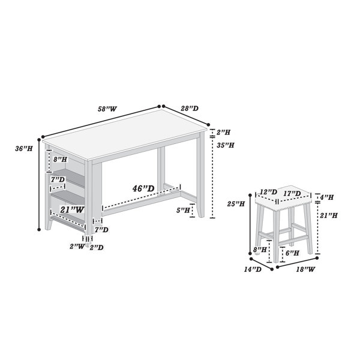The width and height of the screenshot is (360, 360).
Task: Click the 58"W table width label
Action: tap(107, 109)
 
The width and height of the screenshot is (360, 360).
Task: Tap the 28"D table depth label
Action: tap(190, 109)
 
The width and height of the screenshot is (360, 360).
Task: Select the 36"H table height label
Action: tap(24, 149)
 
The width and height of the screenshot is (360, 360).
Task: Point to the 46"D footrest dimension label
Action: tap(143, 188)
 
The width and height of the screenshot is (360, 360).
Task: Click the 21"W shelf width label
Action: tap(72, 209)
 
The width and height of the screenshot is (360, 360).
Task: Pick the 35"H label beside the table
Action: tap(226, 145)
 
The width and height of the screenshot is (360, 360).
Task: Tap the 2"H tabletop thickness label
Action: tap(223, 132)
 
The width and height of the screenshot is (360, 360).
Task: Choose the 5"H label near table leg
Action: tap(183, 210)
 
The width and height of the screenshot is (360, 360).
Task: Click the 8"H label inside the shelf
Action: tap(60, 160)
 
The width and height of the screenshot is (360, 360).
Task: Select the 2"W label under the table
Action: tap(77, 247)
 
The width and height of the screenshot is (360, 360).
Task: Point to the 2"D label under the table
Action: tap(97, 247)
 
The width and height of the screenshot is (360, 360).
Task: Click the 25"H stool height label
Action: tap(236, 203)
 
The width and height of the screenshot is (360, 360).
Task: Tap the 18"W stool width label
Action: tap(305, 269)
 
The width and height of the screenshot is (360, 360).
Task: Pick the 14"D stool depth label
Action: tap(253, 269)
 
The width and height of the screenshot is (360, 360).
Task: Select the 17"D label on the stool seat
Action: tap(292, 194)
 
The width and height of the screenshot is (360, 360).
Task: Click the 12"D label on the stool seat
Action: tap(269, 192)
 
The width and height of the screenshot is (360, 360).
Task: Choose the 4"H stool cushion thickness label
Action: tap(327, 197)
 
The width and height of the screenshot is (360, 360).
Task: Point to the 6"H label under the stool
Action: tap(292, 253)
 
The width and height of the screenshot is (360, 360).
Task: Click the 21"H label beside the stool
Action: tap(329, 215)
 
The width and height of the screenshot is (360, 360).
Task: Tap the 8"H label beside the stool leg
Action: tap(260, 250)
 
